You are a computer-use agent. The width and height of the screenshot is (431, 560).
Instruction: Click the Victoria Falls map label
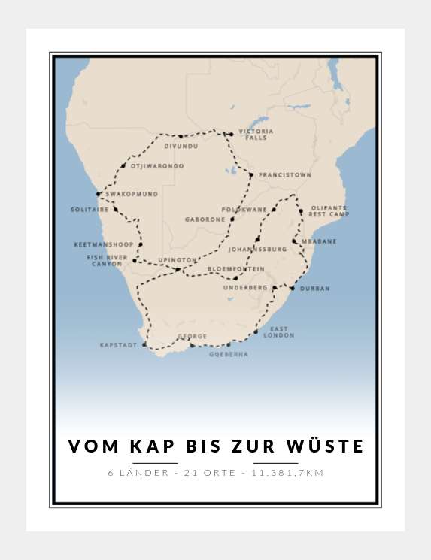pyautogui.click(x=256, y=135)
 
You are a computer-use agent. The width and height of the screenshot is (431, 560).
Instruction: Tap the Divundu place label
pyautogui.click(x=181, y=146)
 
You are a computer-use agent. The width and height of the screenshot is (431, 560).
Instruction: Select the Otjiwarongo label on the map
pyautogui.click(x=156, y=166)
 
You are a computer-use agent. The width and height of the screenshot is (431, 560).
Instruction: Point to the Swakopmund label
pyautogui.click(x=132, y=194)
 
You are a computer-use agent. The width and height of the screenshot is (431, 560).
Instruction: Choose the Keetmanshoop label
pyautogui.click(x=104, y=244)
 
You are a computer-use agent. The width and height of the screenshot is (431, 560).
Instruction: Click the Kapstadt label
pyautogui.click(x=119, y=345)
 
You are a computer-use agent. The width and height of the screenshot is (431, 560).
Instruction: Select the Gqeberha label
pyautogui.click(x=229, y=354)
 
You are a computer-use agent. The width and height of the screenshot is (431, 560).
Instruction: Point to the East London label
pyautogui.click(x=278, y=332)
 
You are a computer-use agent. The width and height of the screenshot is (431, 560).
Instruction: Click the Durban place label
pyautogui.click(x=314, y=288)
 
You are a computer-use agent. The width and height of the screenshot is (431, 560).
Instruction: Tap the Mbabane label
pyautogui.click(x=319, y=241)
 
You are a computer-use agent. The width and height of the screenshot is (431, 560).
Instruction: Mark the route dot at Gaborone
pyautogui.click(x=232, y=219)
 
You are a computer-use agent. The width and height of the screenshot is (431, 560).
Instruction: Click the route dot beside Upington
pyautogui.click(x=178, y=269)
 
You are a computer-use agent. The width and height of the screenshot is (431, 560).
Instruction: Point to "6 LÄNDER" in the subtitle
pyautogui.click(x=134, y=473)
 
